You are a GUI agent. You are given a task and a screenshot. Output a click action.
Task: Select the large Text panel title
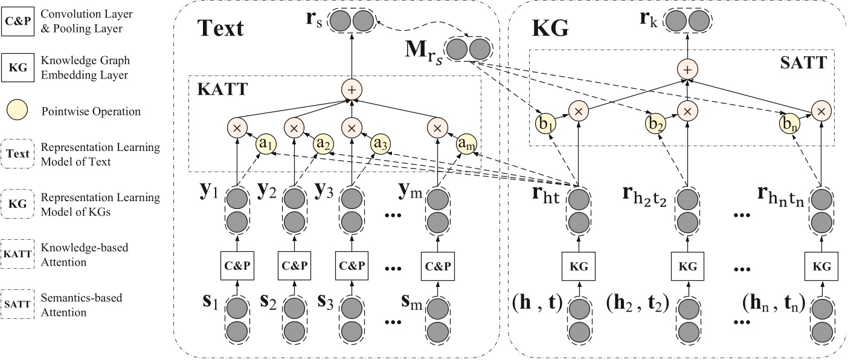220,28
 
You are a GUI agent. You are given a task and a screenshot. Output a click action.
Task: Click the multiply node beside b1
578,111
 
